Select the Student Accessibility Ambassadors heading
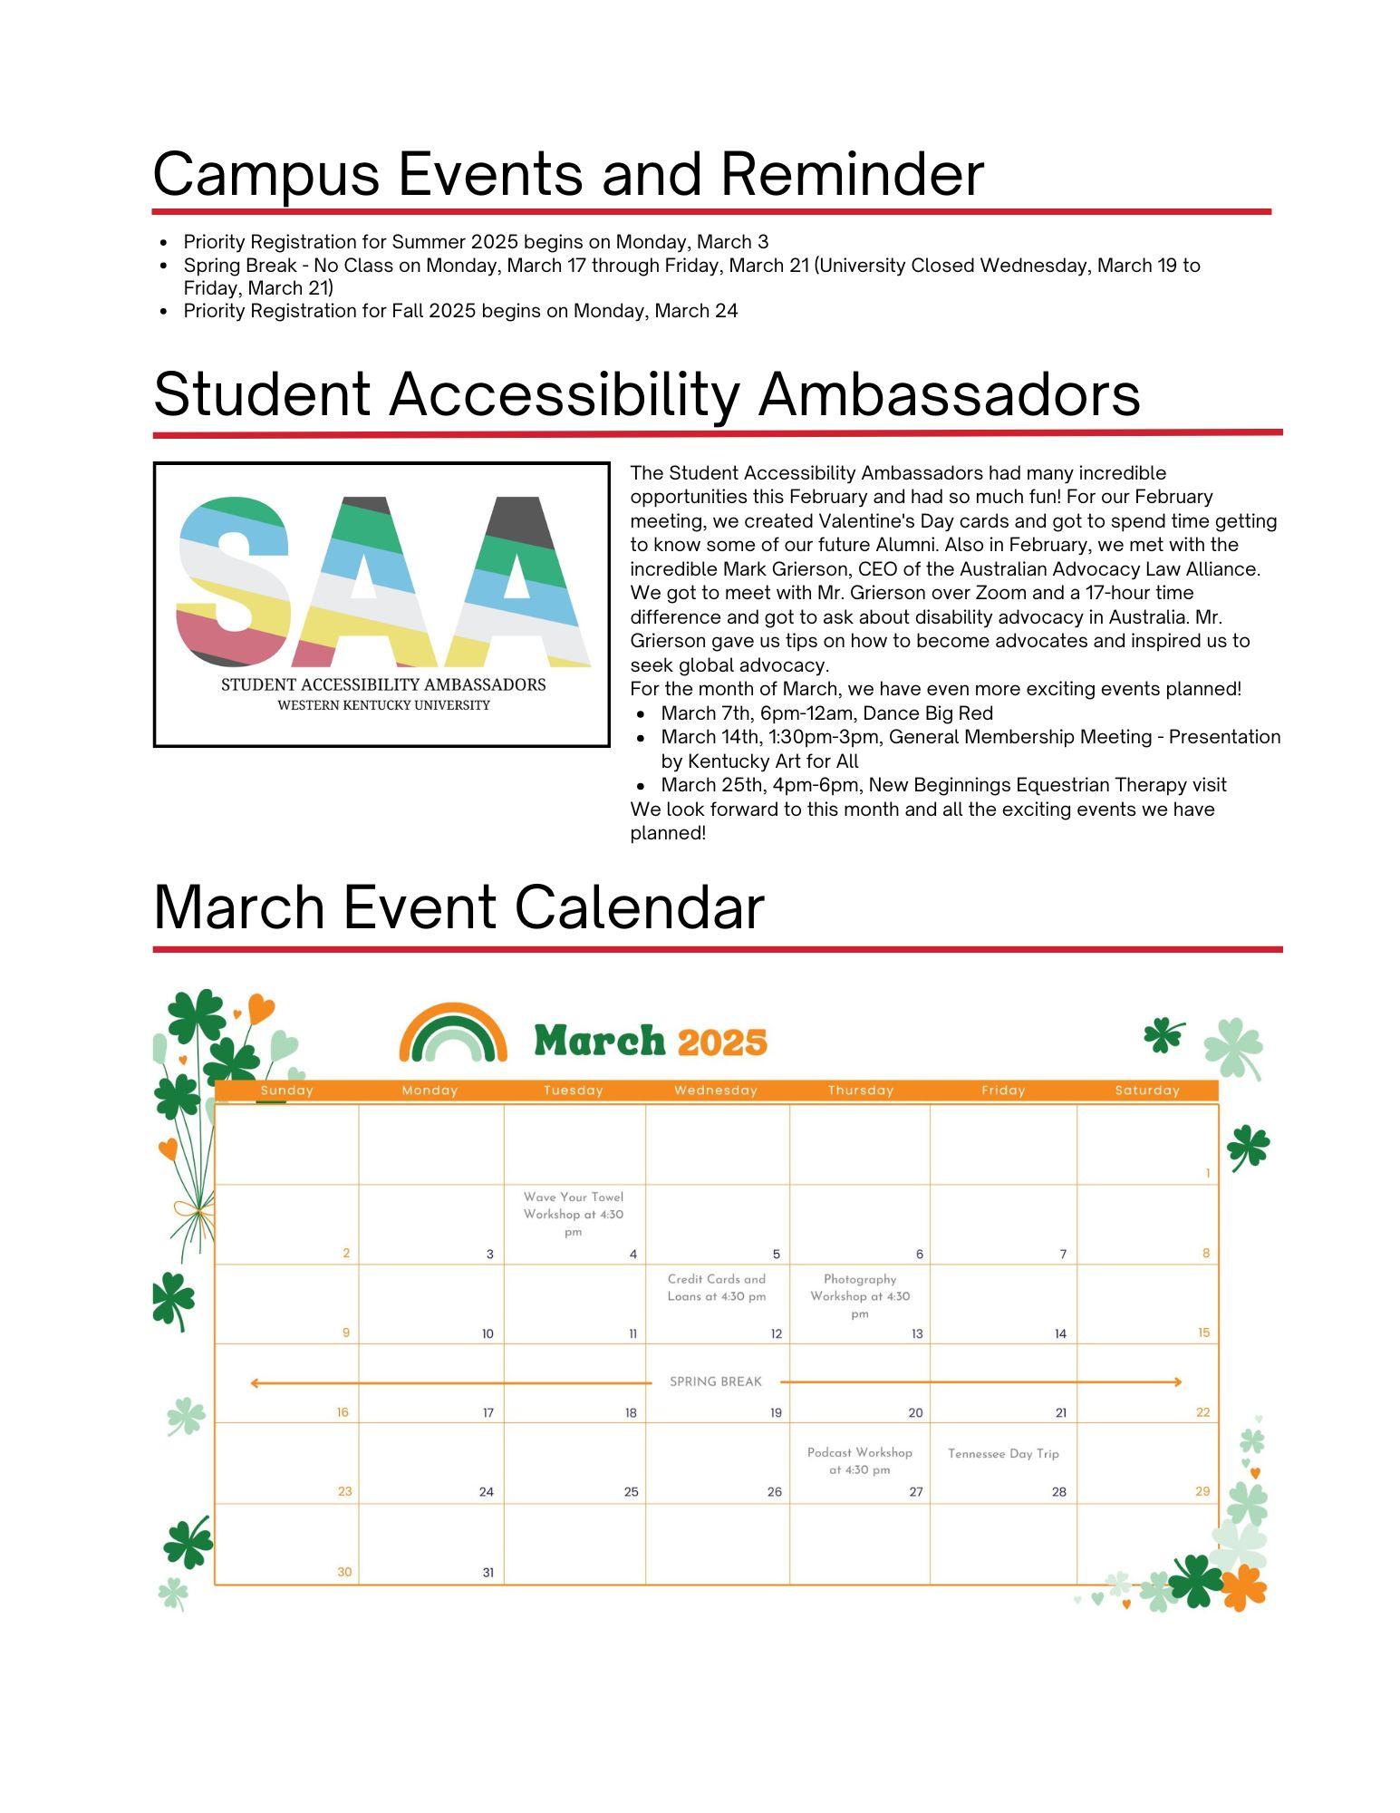click(646, 394)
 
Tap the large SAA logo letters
click(381, 581)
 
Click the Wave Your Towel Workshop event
click(573, 1214)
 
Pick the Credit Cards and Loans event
click(716, 1287)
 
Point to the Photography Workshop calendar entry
click(859, 1295)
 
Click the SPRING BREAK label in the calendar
click(715, 1382)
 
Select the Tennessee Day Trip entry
click(1003, 1453)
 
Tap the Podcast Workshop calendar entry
click(859, 1460)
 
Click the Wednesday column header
click(715, 1091)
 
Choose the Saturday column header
click(1146, 1091)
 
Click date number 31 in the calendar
click(488, 1573)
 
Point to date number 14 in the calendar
click(1060, 1334)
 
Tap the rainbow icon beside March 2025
click(453, 1033)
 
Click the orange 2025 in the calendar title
click(721, 1042)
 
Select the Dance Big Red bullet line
click(826, 713)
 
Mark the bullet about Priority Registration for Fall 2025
click(460, 311)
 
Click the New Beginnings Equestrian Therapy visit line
click(943, 785)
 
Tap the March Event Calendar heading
click(459, 907)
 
